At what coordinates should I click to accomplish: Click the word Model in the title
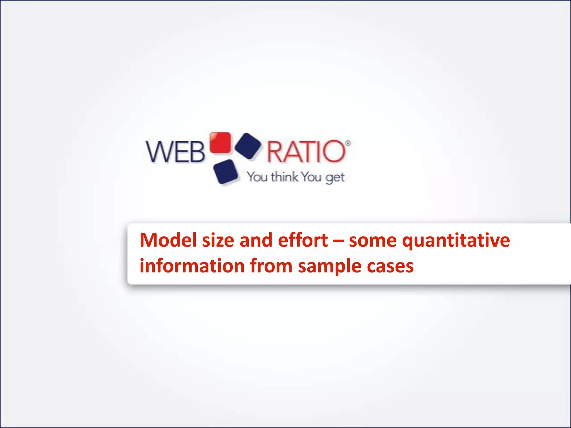[168, 240]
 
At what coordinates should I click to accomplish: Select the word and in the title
[256, 240]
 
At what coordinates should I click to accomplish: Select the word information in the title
[192, 266]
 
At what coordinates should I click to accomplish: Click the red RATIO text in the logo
[306, 152]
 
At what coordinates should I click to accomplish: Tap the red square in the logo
[220, 143]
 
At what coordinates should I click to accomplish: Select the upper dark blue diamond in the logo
[248, 146]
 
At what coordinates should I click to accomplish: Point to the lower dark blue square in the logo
[226, 172]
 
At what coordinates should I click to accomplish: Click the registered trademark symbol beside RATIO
[348, 143]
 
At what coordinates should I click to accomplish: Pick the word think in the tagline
[284, 177]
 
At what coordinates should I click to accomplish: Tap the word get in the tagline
[335, 178]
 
